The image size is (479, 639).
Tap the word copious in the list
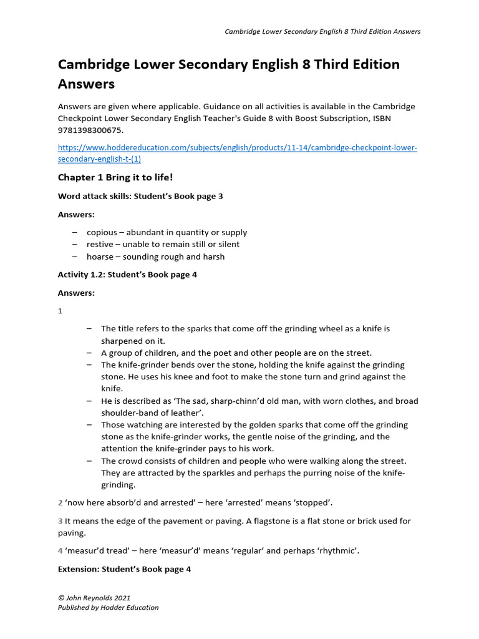102,232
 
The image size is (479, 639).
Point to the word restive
100,244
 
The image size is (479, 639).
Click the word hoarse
100,256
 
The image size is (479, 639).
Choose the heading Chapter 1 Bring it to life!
115,178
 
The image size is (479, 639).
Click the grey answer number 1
60,311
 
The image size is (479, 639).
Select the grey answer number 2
60,502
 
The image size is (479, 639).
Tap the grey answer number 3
60,521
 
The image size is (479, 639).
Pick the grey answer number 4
60,551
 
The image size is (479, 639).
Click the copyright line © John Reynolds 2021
94,598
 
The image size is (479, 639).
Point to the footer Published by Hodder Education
108,608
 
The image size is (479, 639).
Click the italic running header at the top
322,32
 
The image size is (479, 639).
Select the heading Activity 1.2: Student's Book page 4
127,275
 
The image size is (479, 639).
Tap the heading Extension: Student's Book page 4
124,569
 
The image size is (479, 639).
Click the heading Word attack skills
140,196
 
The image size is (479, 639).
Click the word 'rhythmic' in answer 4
339,551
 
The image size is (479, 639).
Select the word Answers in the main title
87,83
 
